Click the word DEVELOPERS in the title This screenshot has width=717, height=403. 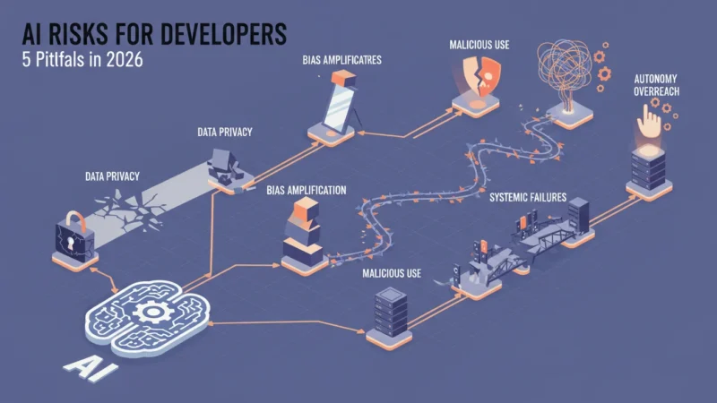pyautogui.click(x=223, y=34)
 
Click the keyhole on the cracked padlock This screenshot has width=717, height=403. pyautogui.click(x=71, y=242)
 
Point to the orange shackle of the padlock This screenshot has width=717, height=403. pyautogui.click(x=76, y=219)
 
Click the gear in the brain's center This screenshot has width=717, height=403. pyautogui.click(x=152, y=313)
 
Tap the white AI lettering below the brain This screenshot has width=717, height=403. pyautogui.click(x=91, y=367)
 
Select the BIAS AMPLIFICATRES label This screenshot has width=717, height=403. pyautogui.click(x=341, y=60)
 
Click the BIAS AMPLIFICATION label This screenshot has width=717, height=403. pyautogui.click(x=307, y=190)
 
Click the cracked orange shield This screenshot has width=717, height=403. pyautogui.click(x=481, y=75)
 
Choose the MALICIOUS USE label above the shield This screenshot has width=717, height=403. pyautogui.click(x=479, y=45)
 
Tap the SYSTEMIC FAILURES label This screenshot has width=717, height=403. pyautogui.click(x=528, y=197)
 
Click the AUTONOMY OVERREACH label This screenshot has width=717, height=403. pyautogui.click(x=656, y=85)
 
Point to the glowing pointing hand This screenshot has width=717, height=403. pyautogui.click(x=649, y=121)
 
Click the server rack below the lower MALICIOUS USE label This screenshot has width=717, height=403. pyautogui.click(x=390, y=312)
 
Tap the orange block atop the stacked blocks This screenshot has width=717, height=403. pyautogui.click(x=306, y=210)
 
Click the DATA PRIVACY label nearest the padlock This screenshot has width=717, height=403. pyautogui.click(x=112, y=176)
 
